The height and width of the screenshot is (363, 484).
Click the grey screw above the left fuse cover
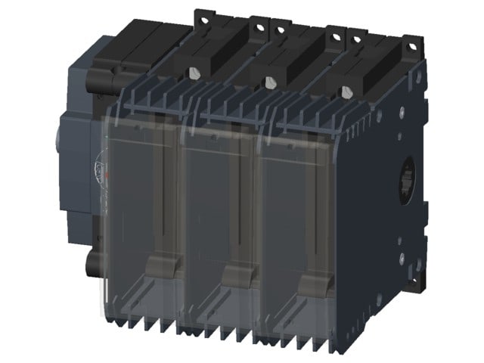pyautogui.click(x=196, y=73)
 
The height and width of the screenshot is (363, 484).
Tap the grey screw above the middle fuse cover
pyautogui.click(x=270, y=82)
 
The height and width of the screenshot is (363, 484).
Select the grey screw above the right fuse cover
pyautogui.click(x=346, y=92)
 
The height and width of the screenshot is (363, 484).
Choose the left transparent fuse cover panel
pyautogui.click(x=140, y=212)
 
